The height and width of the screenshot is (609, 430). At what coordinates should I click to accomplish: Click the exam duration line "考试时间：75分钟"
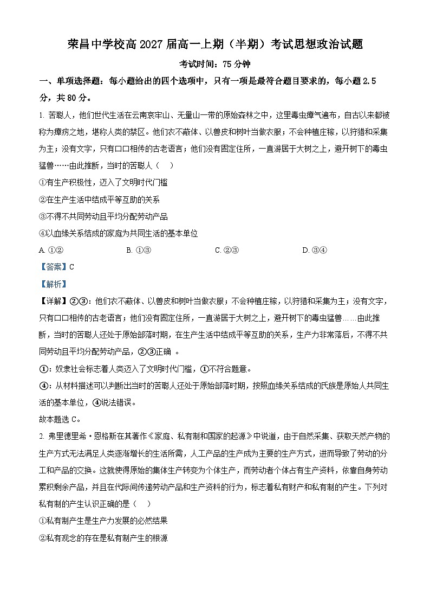coord(215,63)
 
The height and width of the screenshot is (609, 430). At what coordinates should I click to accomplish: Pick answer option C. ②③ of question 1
coord(226,250)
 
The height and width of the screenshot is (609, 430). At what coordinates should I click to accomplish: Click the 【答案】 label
coord(53,267)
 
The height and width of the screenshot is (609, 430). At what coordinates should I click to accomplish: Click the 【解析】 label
coord(53,284)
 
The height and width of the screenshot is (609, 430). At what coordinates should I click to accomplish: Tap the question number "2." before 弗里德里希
coord(43,436)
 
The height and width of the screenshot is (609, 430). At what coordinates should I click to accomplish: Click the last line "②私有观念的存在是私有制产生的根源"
coord(103,537)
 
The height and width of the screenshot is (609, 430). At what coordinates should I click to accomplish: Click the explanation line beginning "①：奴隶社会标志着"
coord(146,369)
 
